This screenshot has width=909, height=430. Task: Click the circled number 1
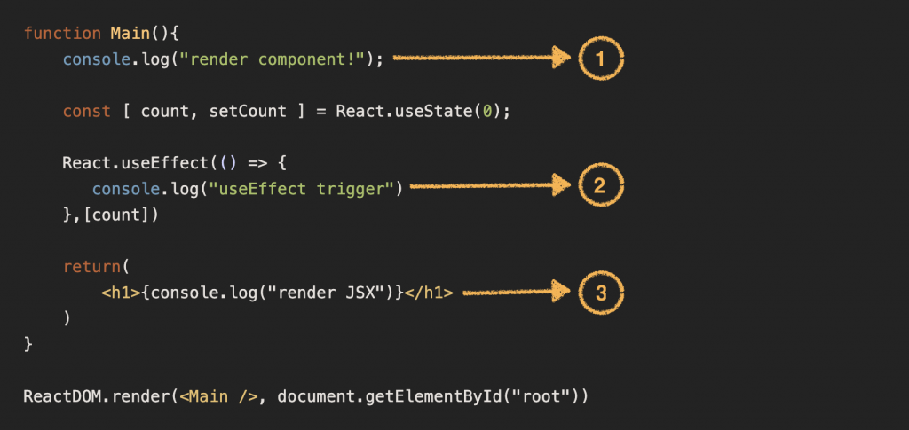click(601, 59)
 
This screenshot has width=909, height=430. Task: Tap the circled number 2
click(601, 186)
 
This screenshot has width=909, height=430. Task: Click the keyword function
click(62, 34)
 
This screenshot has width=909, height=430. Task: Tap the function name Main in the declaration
click(130, 34)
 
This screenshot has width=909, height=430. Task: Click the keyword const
click(86, 112)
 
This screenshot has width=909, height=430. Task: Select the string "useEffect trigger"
click(301, 188)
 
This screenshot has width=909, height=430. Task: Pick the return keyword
click(91, 266)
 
